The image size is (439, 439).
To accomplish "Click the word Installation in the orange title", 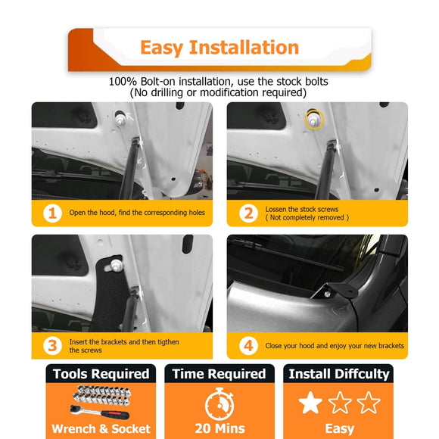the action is pyautogui.click(x=244, y=48).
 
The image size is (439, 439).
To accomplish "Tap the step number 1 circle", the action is pyautogui.click(x=52, y=213).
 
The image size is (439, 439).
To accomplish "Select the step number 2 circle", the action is pyautogui.click(x=248, y=213).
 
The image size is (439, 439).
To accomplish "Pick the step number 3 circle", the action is pyautogui.click(x=52, y=346).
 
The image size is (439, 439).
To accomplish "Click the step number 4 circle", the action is pyautogui.click(x=248, y=346).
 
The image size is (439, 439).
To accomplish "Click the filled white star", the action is pyautogui.click(x=310, y=403).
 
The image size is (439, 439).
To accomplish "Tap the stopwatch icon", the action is pyautogui.click(x=219, y=404).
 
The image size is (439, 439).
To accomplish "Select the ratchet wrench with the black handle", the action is pyautogui.click(x=99, y=412).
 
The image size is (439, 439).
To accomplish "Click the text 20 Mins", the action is pyautogui.click(x=219, y=428).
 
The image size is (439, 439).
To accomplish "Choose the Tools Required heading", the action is pyautogui.click(x=101, y=374).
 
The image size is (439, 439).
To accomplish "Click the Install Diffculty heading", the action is pyautogui.click(x=339, y=374).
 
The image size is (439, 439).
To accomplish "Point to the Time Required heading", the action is pyautogui.click(x=219, y=374).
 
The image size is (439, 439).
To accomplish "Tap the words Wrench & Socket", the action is pyautogui.click(x=101, y=428).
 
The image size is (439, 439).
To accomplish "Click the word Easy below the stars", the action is pyautogui.click(x=339, y=429).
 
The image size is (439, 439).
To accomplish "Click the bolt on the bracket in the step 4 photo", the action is pyautogui.click(x=327, y=294).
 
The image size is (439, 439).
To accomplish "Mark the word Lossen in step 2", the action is pyautogui.click(x=276, y=209).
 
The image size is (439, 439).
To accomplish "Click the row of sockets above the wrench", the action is pyautogui.click(x=102, y=395).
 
